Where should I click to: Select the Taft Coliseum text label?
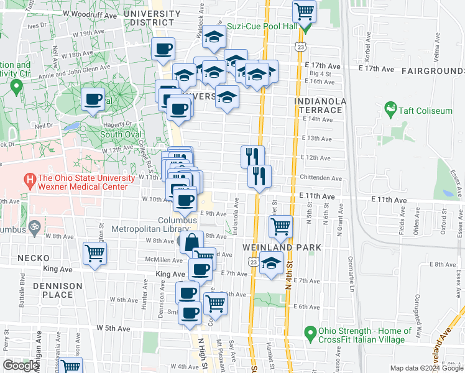point(426,111)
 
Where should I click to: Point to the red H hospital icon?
point(29,182)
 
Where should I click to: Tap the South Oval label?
point(119,134)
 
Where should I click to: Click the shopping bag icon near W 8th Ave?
point(192,241)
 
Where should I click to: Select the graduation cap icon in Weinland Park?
point(271,263)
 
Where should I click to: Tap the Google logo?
point(21,366)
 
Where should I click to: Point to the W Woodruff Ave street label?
point(90,13)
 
